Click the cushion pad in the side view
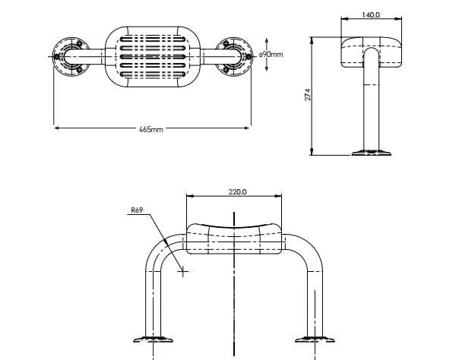tap(370, 52)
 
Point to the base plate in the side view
tap(371, 154)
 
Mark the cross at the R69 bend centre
tap(183, 272)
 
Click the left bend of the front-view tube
tap(158, 250)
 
